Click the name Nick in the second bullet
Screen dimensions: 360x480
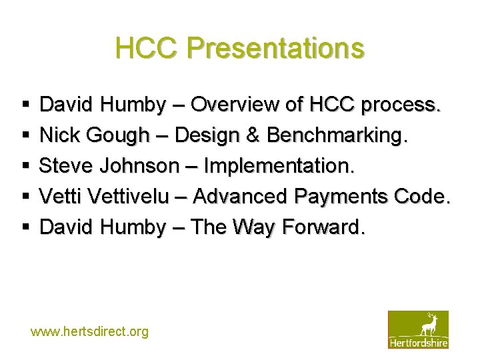pyautogui.click(x=59, y=135)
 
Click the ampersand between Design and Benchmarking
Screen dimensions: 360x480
pyautogui.click(x=252, y=135)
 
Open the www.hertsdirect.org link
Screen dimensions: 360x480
pyautogui.click(x=89, y=331)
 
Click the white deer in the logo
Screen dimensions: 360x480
pyautogui.click(x=428, y=324)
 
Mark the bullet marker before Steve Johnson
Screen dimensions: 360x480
pyautogui.click(x=25, y=167)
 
